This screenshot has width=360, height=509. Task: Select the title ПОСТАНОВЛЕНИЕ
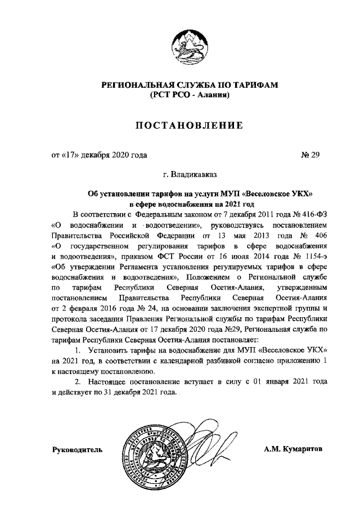189,124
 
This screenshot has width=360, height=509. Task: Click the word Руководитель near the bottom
78,450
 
